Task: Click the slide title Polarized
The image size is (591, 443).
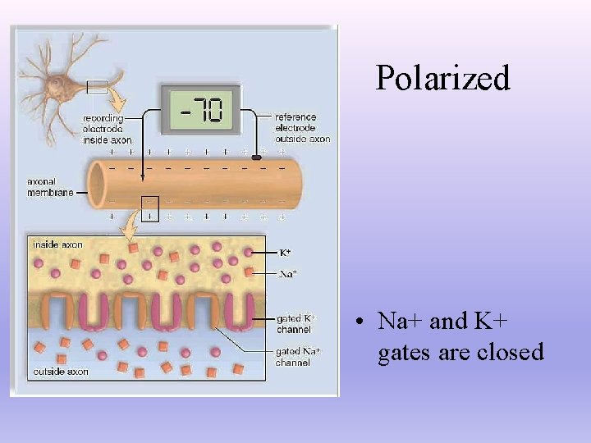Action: [x=442, y=78]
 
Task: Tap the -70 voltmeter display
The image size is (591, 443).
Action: [x=200, y=108]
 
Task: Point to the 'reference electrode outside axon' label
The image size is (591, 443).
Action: [x=301, y=128]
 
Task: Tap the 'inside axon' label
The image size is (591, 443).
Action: [x=57, y=244]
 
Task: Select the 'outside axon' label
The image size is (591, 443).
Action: [x=60, y=372]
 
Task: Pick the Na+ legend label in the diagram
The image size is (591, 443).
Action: [x=287, y=274]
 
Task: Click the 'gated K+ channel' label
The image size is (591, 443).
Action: [x=295, y=323]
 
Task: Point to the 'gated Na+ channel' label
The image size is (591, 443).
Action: [x=298, y=357]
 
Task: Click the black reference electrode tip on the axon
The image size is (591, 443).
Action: [x=256, y=156]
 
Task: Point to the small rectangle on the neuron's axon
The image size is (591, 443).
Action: [x=97, y=86]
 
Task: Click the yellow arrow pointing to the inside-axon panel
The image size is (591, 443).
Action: [x=131, y=221]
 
